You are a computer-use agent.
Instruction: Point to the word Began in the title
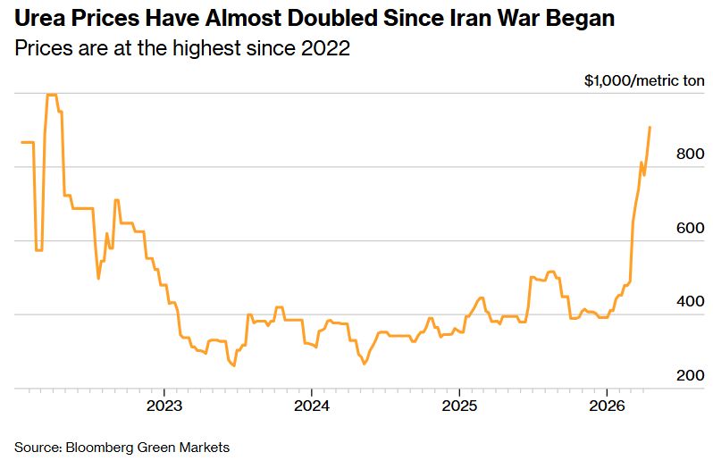(x=582, y=19)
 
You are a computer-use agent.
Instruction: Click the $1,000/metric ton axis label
(x=644, y=80)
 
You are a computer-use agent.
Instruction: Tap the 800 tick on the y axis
(x=692, y=155)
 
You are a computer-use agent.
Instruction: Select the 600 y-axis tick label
(x=692, y=229)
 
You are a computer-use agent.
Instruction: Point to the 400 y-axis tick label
(x=692, y=302)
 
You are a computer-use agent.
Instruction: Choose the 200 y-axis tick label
(x=692, y=376)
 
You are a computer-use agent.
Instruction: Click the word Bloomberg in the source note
(x=96, y=447)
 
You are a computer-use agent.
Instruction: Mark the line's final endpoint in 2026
(x=650, y=127)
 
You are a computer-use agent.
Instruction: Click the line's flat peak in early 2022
(x=52, y=95)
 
